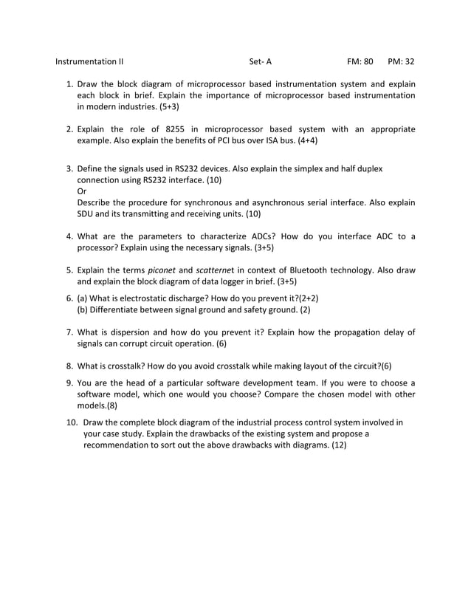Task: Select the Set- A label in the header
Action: point(261,62)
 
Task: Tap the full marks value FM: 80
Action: point(360,62)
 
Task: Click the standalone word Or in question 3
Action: point(82,191)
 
